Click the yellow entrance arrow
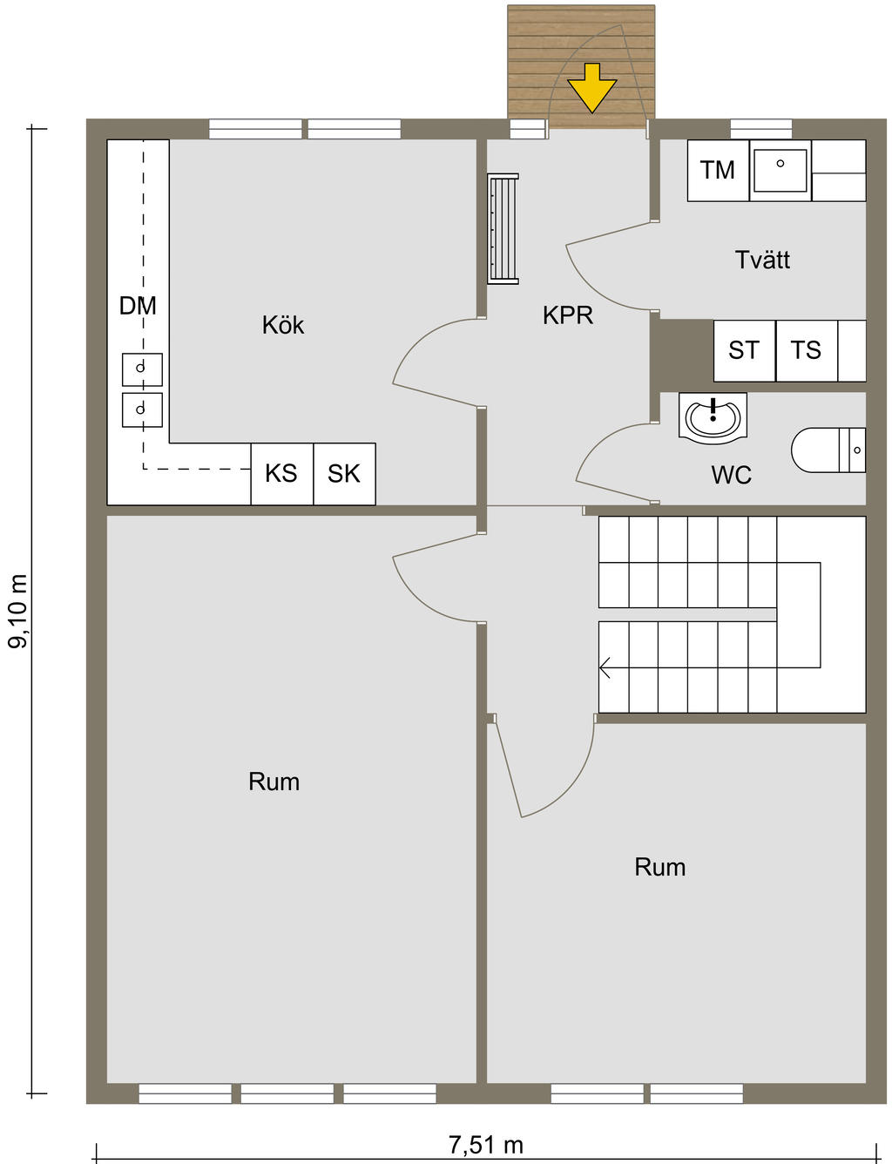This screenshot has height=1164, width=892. tap(591, 87)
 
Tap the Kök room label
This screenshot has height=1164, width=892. tap(283, 325)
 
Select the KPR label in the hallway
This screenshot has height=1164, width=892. tap(568, 315)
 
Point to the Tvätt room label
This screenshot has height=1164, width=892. tap(762, 260)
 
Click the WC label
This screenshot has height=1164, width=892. tap(731, 475)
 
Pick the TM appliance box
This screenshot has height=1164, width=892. tap(718, 171)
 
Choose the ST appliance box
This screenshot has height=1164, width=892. tap(744, 351)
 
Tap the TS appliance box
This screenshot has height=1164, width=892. tap(807, 351)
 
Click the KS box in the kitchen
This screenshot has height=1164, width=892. tap(281, 473)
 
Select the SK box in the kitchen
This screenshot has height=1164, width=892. tap(344, 473)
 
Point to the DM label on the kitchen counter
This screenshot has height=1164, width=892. tap(138, 306)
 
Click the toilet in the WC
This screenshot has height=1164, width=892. tap(828, 450)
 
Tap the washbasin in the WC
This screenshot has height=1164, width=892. tap(713, 418)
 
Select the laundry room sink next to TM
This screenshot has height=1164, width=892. tap(780, 171)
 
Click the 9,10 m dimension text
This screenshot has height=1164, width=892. tap(17, 611)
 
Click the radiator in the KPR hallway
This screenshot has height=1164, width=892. tap(503, 228)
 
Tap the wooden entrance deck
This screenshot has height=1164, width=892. tap(581, 67)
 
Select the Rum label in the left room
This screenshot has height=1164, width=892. tap(274, 782)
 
